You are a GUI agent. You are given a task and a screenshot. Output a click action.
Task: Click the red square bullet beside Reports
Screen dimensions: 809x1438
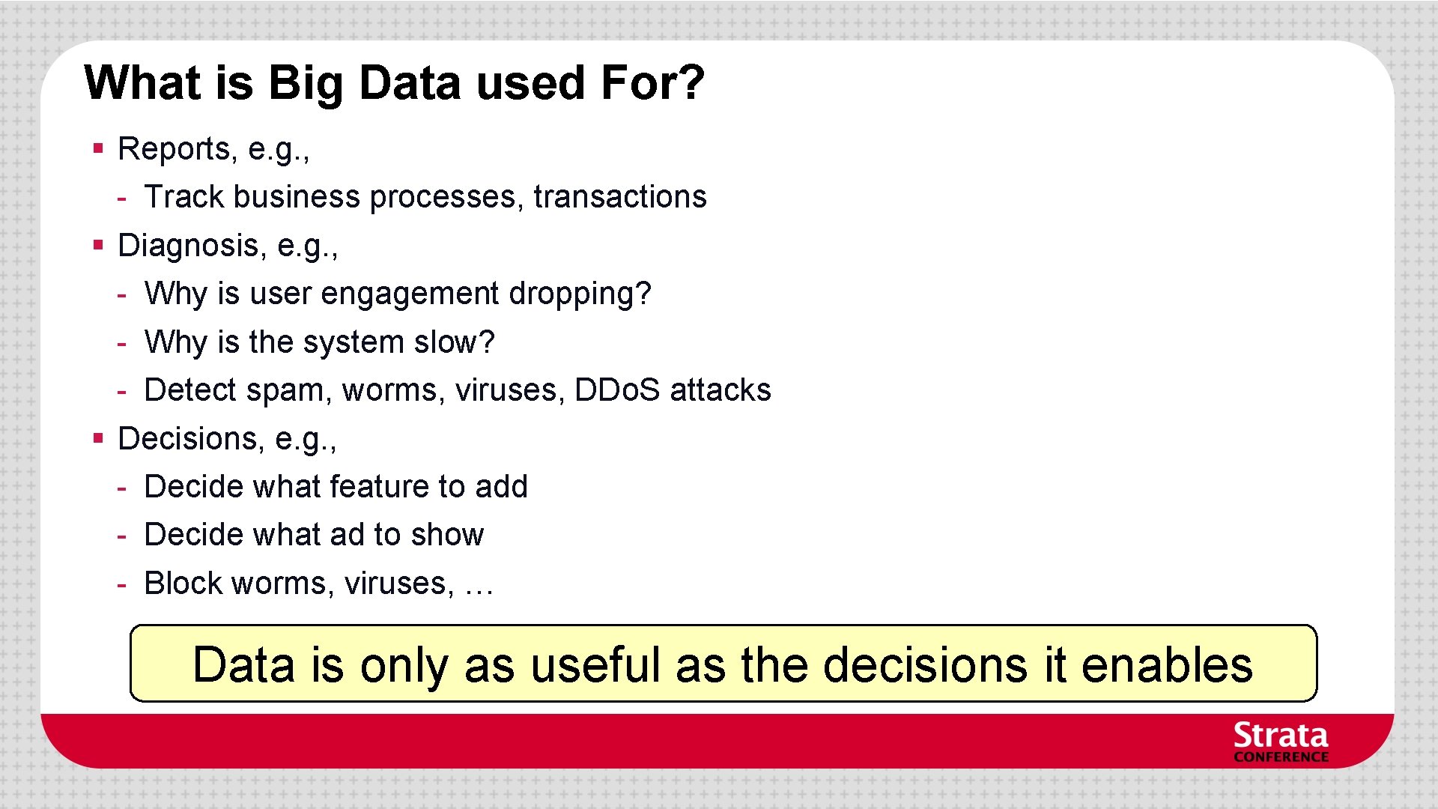click(97, 148)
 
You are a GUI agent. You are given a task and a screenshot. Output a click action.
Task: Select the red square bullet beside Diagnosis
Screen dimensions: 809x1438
click(97, 245)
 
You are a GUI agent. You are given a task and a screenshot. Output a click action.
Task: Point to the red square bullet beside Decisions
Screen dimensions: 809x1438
click(97, 438)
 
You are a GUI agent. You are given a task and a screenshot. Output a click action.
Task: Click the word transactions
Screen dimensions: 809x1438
click(619, 197)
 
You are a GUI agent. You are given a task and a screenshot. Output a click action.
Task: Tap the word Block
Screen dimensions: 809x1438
click(183, 584)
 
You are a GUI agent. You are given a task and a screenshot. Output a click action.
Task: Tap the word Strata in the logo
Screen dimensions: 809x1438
click(1280, 736)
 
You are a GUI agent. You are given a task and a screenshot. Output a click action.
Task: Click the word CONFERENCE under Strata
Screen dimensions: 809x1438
click(1281, 757)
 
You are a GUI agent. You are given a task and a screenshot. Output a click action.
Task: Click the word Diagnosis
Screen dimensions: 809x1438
click(188, 246)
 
